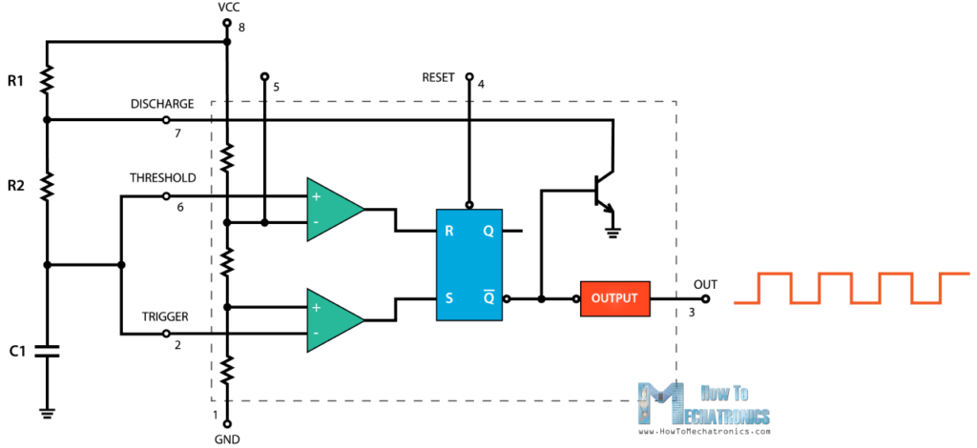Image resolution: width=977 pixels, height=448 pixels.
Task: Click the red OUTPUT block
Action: (x=614, y=298)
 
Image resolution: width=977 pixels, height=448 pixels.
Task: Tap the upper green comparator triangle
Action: (x=332, y=209)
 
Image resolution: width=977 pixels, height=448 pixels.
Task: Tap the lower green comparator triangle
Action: (x=332, y=318)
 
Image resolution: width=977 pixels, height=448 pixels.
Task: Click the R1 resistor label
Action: (x=15, y=82)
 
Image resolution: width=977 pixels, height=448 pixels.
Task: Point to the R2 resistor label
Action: (x=15, y=186)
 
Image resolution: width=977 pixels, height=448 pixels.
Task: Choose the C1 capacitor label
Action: (x=16, y=351)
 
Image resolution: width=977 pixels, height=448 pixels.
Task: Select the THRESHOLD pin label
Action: (x=162, y=178)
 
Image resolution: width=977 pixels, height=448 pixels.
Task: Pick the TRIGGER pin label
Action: (x=165, y=316)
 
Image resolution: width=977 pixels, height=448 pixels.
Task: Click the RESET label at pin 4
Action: (x=440, y=76)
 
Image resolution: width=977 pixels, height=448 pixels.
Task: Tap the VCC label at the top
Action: (x=227, y=8)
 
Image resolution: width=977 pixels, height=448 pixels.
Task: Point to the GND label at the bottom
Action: (x=227, y=439)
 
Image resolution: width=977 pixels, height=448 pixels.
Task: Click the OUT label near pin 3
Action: (x=704, y=284)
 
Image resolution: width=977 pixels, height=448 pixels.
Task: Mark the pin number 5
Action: (x=276, y=88)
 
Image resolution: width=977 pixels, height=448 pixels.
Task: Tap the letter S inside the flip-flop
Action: (x=447, y=298)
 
